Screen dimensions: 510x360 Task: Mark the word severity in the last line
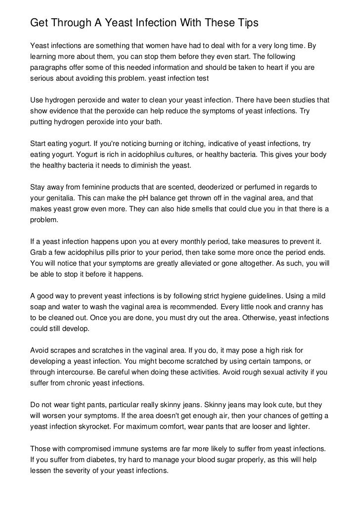[x=74, y=470]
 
